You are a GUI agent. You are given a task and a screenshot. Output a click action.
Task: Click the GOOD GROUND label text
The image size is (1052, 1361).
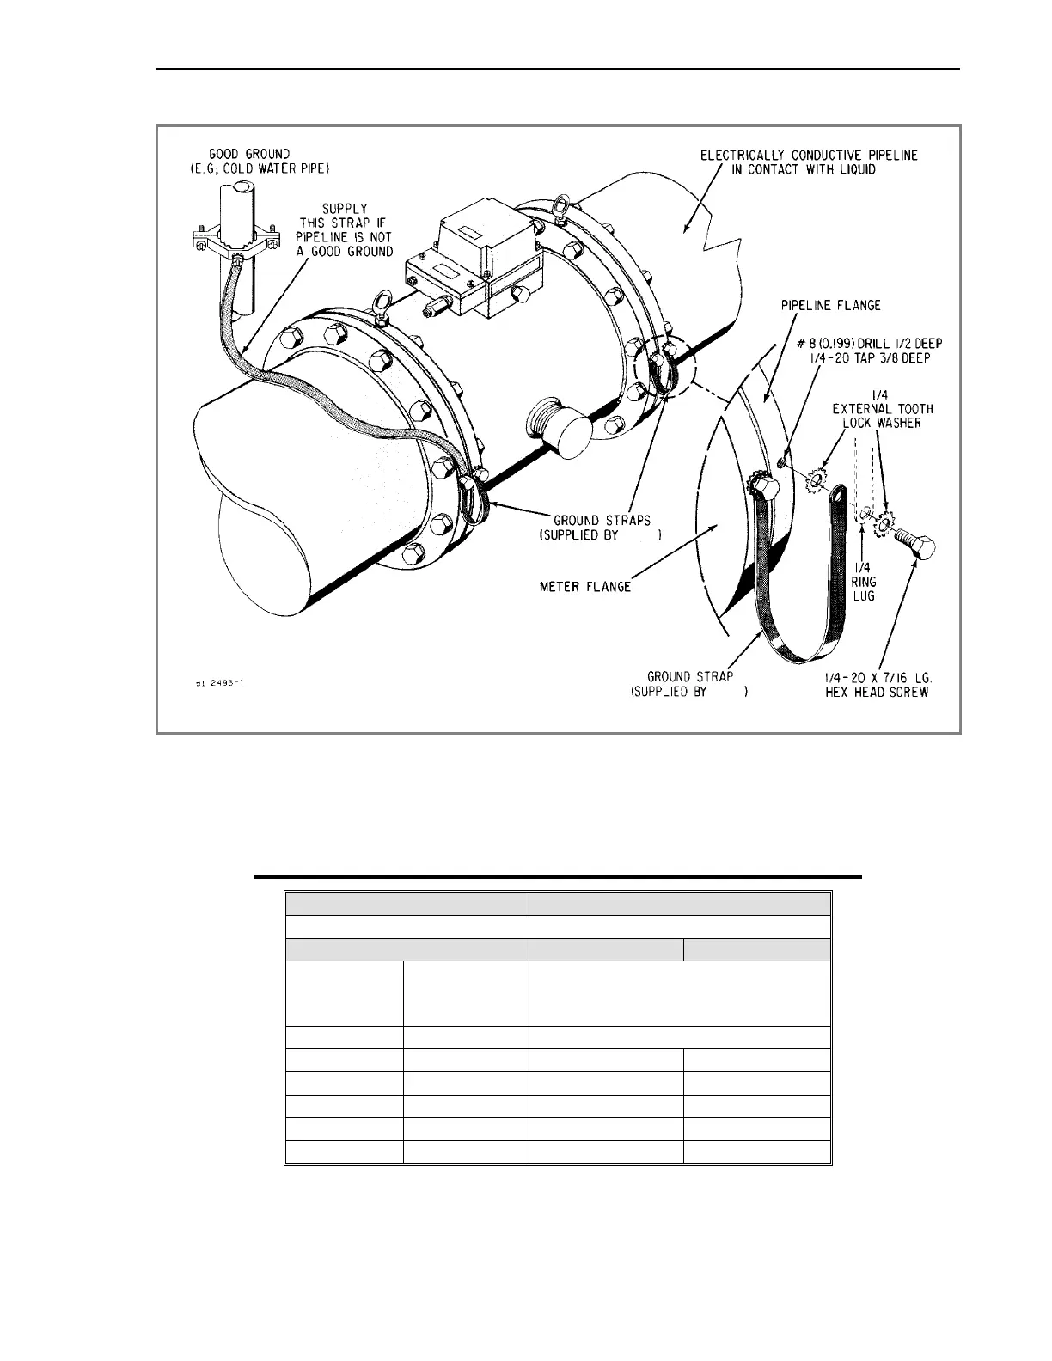pos(249,154)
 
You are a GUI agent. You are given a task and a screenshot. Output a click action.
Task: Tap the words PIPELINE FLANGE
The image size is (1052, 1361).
pos(829,305)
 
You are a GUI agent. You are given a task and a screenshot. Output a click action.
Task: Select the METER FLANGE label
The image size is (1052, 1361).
pos(584,587)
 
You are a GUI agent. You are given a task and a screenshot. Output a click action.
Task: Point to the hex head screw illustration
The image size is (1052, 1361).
pos(914,542)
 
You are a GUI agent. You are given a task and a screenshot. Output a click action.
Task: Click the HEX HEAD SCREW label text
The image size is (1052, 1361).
pos(876,693)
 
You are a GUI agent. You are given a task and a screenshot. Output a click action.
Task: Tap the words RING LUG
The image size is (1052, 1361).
pos(863,589)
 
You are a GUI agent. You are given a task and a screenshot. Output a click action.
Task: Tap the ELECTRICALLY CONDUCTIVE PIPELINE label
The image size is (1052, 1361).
pos(809,156)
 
